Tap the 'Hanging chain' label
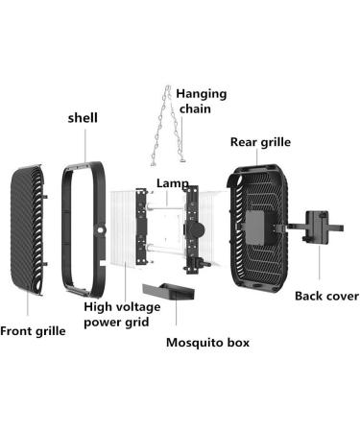coord(203,99)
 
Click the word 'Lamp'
coord(173,182)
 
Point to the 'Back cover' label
coord(325,297)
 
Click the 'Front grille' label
coord(34,331)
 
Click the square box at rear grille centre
coord(256,228)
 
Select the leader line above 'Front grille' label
coord(26,305)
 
